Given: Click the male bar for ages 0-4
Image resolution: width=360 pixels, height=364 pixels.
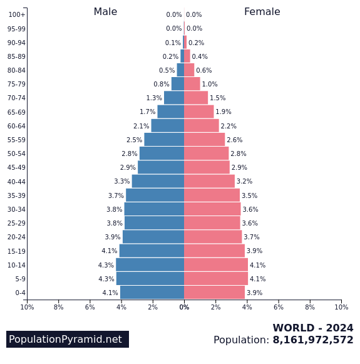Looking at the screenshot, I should tap(152, 293).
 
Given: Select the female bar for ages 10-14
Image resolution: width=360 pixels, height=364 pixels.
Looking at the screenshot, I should tap(216, 265).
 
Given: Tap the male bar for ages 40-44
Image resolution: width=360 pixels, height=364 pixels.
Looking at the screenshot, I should tap(158, 181).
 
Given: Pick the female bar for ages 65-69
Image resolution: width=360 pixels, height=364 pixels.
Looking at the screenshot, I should tap(198, 112).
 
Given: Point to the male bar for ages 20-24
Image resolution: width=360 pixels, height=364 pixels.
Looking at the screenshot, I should tap(153, 237).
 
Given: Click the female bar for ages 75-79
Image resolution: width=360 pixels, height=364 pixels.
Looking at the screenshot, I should tap(192, 84).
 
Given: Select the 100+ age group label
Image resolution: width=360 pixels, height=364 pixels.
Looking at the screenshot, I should tap(17, 14).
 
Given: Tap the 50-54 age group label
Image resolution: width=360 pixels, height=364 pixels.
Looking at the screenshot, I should tap(16, 153).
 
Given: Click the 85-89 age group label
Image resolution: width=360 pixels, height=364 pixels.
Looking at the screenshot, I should tap(16, 56).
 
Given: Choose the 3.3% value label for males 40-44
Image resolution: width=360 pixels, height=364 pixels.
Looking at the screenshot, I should tap(121, 182).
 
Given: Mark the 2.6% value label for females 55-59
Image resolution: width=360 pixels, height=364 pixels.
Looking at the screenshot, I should tap(234, 140).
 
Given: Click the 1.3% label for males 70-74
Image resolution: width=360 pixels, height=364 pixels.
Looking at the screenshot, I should tap(154, 98).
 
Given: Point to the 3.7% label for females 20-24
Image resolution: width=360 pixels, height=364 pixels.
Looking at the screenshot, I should tap(251, 237).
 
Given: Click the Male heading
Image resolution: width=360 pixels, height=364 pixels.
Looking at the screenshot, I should tap(105, 12).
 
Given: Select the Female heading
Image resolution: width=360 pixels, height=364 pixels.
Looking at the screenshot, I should tap(262, 12).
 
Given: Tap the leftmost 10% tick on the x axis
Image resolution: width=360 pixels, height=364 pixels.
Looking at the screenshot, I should tap(27, 307).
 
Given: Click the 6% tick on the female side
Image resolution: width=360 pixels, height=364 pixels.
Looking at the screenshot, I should tap(279, 307).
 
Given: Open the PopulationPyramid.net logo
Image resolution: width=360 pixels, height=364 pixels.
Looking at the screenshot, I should tap(67, 340).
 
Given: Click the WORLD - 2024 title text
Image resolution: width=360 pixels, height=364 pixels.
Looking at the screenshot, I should tap(312, 328).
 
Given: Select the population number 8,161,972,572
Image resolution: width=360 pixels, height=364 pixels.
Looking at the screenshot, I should tap(312, 340).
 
